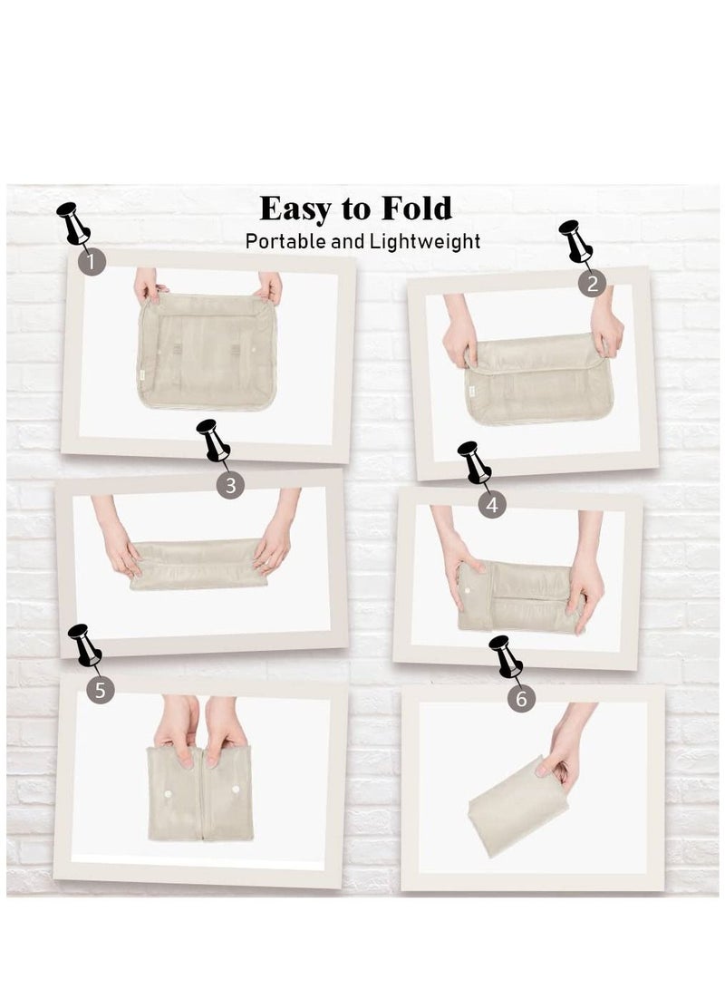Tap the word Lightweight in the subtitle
pos(425,241)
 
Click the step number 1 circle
pos(92,261)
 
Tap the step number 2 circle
pos(592,284)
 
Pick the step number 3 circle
pos(230,485)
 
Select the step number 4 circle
pos(492,504)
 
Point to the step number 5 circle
pos(101,690)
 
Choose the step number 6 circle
pos(521,699)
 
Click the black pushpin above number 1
pos(73,223)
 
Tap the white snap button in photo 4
pos(467,590)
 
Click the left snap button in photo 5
pos(169,792)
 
